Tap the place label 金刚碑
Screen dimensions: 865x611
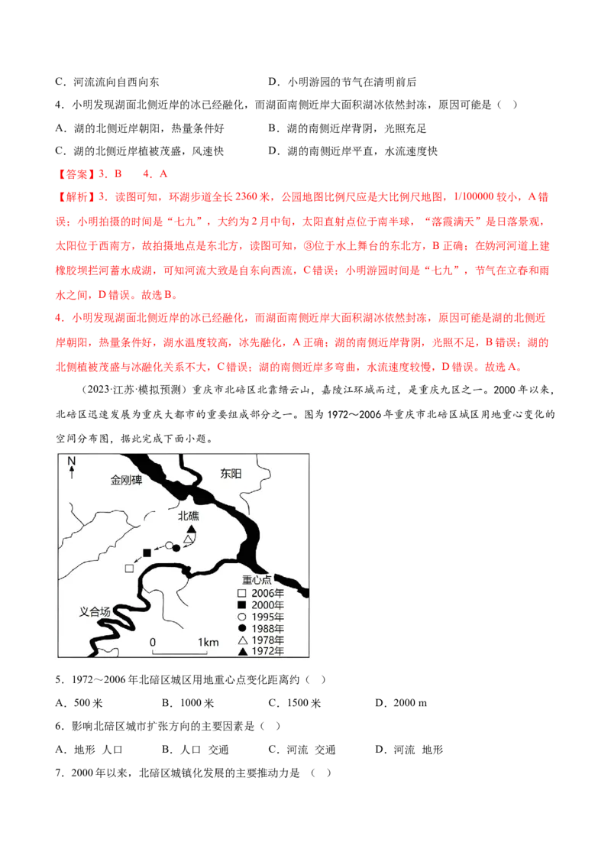tap(127, 481)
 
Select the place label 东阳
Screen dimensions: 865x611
tap(230, 474)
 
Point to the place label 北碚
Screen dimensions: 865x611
tap(189, 516)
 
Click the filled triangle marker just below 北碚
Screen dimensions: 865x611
tap(192, 529)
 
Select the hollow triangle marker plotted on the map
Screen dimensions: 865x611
tap(188, 539)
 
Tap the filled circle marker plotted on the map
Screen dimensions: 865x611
tap(176, 547)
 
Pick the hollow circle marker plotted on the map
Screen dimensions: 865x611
tap(169, 546)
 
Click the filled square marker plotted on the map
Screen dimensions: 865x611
tap(147, 552)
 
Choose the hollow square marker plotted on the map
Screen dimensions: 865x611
tap(129, 568)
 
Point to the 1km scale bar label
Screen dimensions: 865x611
tap(207, 642)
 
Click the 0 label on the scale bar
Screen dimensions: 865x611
tap(153, 642)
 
